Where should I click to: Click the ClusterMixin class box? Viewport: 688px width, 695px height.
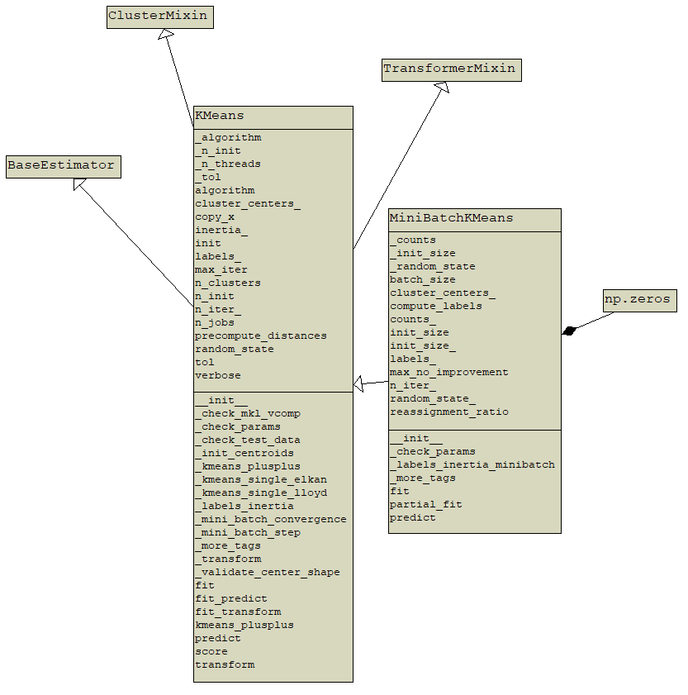(x=160, y=17)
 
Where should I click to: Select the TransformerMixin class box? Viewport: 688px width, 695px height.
(x=451, y=70)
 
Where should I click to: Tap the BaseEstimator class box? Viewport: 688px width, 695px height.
(x=62, y=166)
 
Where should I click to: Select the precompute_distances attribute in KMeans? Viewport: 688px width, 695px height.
(x=261, y=336)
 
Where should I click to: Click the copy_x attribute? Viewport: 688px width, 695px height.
(x=215, y=217)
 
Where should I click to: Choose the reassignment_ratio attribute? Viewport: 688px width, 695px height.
(x=449, y=412)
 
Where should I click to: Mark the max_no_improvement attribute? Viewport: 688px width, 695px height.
(x=449, y=373)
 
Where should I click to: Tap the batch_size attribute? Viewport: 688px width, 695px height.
(x=423, y=280)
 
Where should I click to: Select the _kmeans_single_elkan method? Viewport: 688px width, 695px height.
(x=261, y=480)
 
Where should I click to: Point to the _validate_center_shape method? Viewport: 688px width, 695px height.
(x=268, y=573)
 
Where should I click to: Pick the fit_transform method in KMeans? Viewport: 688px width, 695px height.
(x=238, y=612)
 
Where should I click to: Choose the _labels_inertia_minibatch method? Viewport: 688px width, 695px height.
(x=472, y=465)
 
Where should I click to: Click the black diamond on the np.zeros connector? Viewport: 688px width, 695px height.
(x=568, y=331)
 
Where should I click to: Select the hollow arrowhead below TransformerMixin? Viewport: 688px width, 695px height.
(x=442, y=87)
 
